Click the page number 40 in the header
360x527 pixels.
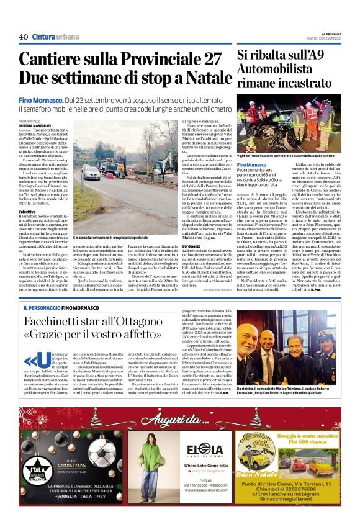(24, 37)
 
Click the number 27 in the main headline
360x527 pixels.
(208, 59)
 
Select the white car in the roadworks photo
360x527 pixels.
(91, 171)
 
